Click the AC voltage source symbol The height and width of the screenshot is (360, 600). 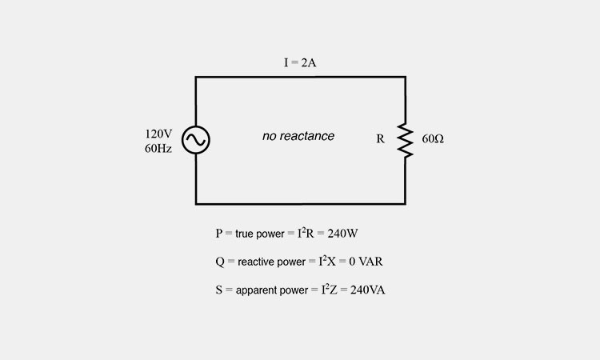pyautogui.click(x=195, y=141)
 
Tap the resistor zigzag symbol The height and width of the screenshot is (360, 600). pyautogui.click(x=405, y=141)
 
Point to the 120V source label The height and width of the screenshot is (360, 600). pyautogui.click(x=158, y=134)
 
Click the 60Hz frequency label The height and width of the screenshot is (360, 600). pyautogui.click(x=158, y=149)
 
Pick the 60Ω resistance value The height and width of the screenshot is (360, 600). pyautogui.click(x=433, y=139)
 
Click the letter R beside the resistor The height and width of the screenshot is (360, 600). pyautogui.click(x=381, y=139)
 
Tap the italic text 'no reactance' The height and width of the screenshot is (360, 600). pyautogui.click(x=298, y=137)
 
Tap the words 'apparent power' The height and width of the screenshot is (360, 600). pyautogui.click(x=272, y=290)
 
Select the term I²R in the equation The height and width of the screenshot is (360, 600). pyautogui.click(x=310, y=234)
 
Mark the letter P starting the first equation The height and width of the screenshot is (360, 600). pyautogui.click(x=218, y=234)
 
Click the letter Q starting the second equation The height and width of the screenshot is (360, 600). pyautogui.click(x=219, y=262)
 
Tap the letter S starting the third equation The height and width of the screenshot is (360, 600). pyautogui.click(x=218, y=290)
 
